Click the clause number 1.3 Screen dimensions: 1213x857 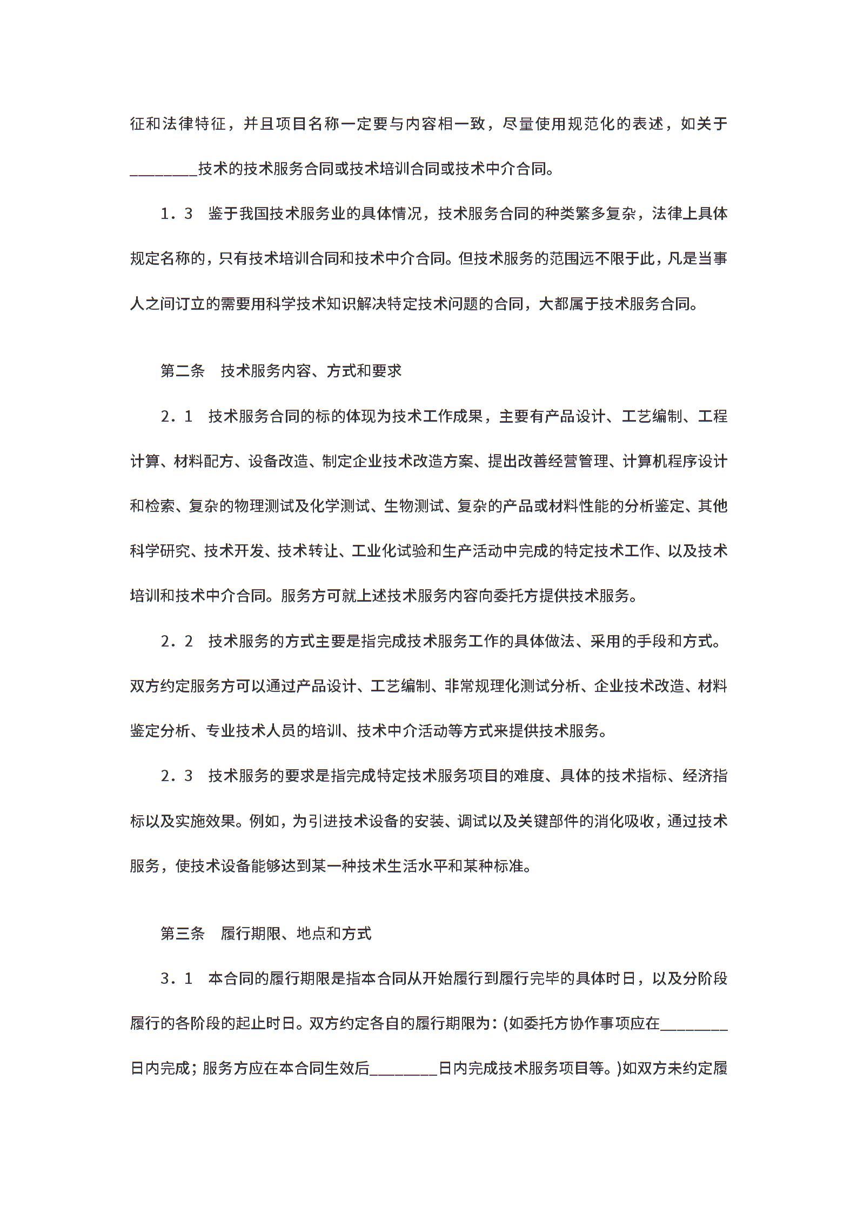click(176, 214)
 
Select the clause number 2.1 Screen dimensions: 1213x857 click(176, 416)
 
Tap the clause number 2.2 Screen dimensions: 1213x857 click(176, 641)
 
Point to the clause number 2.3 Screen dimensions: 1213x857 click(176, 776)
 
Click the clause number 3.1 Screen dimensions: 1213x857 click(176, 978)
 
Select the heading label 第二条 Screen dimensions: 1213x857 click(183, 371)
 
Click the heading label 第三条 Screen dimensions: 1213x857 click(183, 934)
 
